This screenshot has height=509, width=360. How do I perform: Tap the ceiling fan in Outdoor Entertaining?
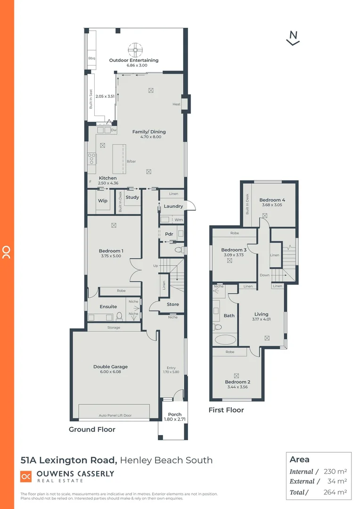(134, 49)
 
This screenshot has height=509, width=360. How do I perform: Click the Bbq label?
(91, 58)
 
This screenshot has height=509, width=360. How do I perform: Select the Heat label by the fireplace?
(176, 104)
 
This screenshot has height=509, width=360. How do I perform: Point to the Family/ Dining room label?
(149, 132)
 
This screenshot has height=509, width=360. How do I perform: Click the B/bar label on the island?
(131, 161)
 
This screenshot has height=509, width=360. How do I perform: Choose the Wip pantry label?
(102, 201)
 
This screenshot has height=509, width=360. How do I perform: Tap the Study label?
(132, 197)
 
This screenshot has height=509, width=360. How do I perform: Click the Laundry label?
(173, 206)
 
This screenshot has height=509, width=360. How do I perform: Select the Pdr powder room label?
(169, 234)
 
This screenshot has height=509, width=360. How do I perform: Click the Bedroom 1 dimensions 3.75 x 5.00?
(111, 256)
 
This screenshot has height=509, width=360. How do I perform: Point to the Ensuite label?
(108, 307)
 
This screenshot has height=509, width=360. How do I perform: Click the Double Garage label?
(110, 367)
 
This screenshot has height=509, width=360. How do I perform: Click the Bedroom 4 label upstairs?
(272, 200)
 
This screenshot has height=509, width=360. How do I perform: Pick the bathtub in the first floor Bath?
(225, 339)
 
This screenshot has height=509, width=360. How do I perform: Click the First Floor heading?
(226, 410)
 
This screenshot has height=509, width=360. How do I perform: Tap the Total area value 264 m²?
(335, 492)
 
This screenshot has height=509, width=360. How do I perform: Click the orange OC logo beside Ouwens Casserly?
(26, 477)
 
